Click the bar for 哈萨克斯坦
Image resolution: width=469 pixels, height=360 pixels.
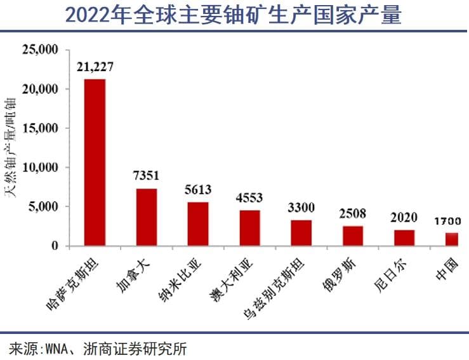point(95,162)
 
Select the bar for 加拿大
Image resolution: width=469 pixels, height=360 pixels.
point(147,217)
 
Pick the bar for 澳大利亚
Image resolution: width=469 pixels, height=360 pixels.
point(249,227)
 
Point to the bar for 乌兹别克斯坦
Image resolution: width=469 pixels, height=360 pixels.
point(301,232)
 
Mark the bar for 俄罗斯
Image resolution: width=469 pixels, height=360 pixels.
point(353,236)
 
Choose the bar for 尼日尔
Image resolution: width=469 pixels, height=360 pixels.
point(404,237)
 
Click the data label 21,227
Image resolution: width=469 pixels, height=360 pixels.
point(95,67)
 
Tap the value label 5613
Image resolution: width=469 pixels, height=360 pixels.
point(198,189)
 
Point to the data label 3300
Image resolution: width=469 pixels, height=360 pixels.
point(301,208)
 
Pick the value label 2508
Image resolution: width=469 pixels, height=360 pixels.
point(353,212)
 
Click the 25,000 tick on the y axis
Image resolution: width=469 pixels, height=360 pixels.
point(41,50)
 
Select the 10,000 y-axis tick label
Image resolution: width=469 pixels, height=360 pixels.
point(41,168)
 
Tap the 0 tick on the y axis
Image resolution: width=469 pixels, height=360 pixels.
point(55,246)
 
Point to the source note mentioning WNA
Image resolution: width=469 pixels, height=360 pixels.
point(98,349)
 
